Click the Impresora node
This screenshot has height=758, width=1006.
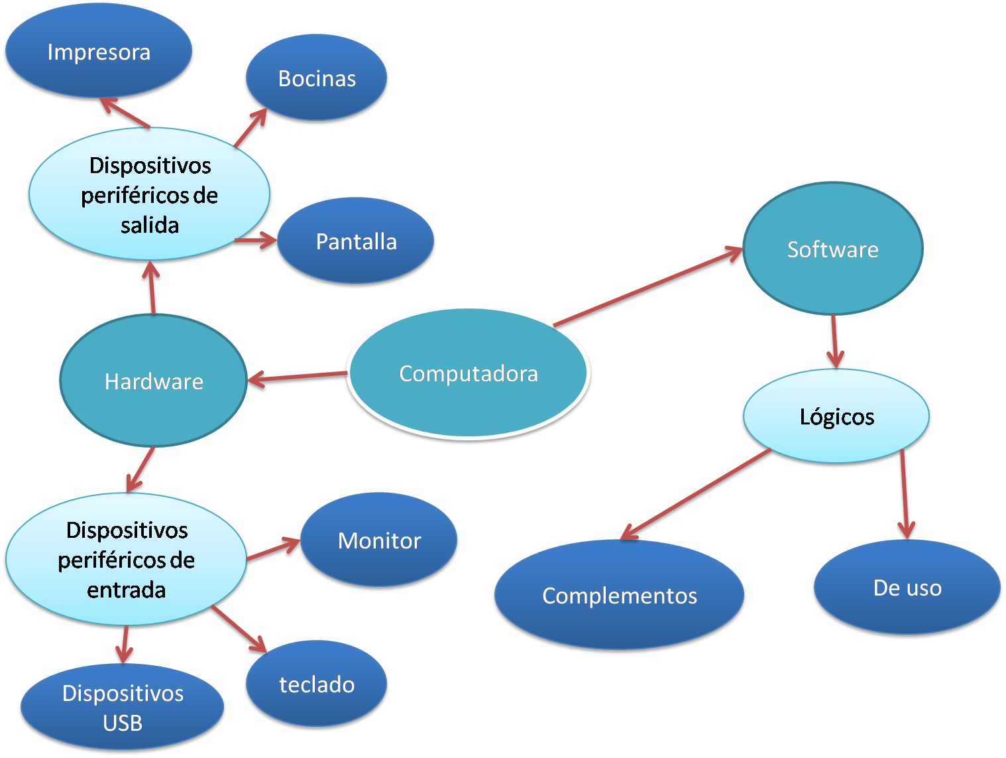click(99, 52)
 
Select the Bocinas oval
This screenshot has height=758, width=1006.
click(316, 78)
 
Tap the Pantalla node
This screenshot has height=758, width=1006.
click(356, 241)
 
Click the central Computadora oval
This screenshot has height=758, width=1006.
click(468, 373)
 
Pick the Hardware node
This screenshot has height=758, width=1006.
click(153, 381)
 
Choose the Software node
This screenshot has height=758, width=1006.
click(832, 249)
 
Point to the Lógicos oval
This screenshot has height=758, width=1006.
click(836, 416)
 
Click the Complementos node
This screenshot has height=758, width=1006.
click(619, 596)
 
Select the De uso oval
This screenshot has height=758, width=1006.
click(907, 588)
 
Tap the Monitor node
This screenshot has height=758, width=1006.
click(379, 540)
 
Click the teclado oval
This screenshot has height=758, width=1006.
click(316, 684)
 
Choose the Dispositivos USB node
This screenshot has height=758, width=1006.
click(123, 708)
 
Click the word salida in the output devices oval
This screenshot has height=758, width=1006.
click(150, 225)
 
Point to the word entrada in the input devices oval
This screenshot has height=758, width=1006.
click(126, 590)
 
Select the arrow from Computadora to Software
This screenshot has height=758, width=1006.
click(648, 287)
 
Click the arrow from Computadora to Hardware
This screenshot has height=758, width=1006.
click(297, 377)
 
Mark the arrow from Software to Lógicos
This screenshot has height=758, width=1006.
click(834, 341)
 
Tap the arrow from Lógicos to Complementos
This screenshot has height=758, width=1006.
click(696, 494)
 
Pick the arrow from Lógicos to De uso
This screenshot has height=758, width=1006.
click(904, 494)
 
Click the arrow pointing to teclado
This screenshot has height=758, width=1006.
click(239, 629)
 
